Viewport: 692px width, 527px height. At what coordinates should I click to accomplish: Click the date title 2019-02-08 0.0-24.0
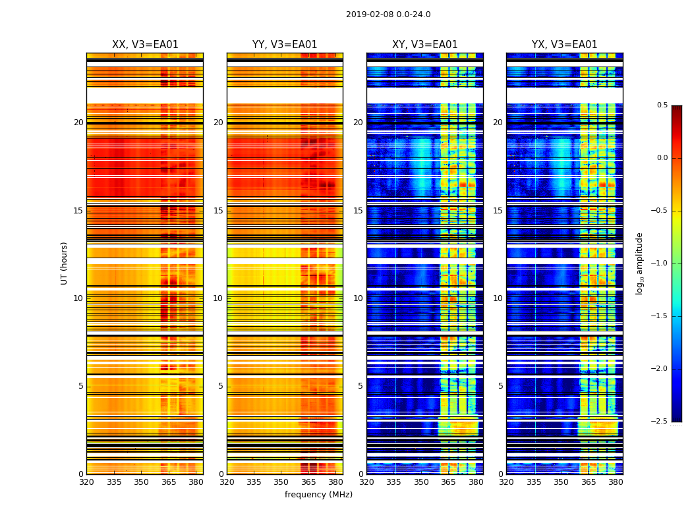(x=388, y=14)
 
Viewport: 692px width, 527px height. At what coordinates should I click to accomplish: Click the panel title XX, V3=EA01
(x=145, y=45)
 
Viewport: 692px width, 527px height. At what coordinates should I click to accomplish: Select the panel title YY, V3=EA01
(x=285, y=45)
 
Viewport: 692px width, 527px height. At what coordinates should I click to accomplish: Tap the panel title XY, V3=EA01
(x=424, y=45)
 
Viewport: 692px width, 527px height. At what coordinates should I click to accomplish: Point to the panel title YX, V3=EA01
(x=564, y=45)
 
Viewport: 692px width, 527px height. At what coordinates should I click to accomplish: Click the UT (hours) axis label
(x=65, y=263)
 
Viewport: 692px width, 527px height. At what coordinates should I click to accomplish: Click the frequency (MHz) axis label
(x=318, y=495)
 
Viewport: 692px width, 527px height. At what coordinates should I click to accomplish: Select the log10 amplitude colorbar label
(x=639, y=263)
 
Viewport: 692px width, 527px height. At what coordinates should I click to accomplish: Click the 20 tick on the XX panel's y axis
(x=79, y=123)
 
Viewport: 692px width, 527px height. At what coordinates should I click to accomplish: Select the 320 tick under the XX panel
(x=86, y=482)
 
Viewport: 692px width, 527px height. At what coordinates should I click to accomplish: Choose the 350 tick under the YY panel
(x=281, y=482)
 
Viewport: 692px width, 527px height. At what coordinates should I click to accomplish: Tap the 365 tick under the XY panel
(x=448, y=482)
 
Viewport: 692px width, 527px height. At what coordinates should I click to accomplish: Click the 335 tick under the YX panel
(x=534, y=482)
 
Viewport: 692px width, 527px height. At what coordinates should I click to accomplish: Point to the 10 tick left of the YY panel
(x=219, y=298)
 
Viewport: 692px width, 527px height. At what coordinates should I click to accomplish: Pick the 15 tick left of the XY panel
(x=359, y=211)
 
